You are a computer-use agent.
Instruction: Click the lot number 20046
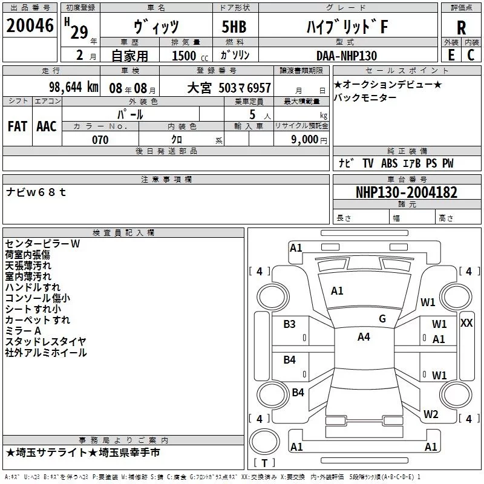(x=29, y=27)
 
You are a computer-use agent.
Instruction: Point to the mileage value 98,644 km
(x=74, y=87)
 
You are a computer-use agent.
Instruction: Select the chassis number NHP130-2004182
(x=406, y=192)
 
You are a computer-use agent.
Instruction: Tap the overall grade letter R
(x=461, y=27)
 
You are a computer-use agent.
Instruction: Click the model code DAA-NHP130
(x=347, y=56)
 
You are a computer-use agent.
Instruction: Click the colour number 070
(x=100, y=140)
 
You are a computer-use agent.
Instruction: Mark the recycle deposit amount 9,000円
(x=309, y=140)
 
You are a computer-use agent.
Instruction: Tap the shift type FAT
(x=18, y=126)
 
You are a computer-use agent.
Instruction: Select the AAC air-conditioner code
(x=47, y=126)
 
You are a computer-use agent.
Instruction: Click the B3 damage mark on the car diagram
(x=290, y=324)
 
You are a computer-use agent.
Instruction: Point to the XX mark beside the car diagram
(x=466, y=323)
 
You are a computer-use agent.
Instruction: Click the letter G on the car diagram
(x=382, y=318)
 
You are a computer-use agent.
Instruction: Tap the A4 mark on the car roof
(x=364, y=337)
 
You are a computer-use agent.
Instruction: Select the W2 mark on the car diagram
(x=431, y=414)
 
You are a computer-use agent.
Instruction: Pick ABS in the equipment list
(x=390, y=163)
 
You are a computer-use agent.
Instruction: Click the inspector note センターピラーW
(x=42, y=243)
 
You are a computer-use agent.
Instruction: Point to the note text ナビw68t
(x=36, y=192)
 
